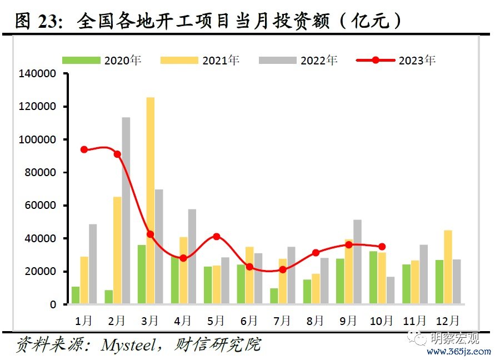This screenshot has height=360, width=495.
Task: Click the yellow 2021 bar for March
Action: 151,201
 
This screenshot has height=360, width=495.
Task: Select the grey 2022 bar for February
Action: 126,211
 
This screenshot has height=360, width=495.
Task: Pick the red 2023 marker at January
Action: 84,149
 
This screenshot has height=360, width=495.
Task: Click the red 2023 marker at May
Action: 217,237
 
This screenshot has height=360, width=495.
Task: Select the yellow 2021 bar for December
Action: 448,267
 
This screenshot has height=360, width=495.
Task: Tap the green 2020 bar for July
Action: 274,296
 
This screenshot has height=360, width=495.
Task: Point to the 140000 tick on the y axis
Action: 37,73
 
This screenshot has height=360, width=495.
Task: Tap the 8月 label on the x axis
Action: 316,321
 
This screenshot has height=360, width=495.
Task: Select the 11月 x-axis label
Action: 414,321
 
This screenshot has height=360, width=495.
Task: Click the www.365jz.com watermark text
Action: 458,352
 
